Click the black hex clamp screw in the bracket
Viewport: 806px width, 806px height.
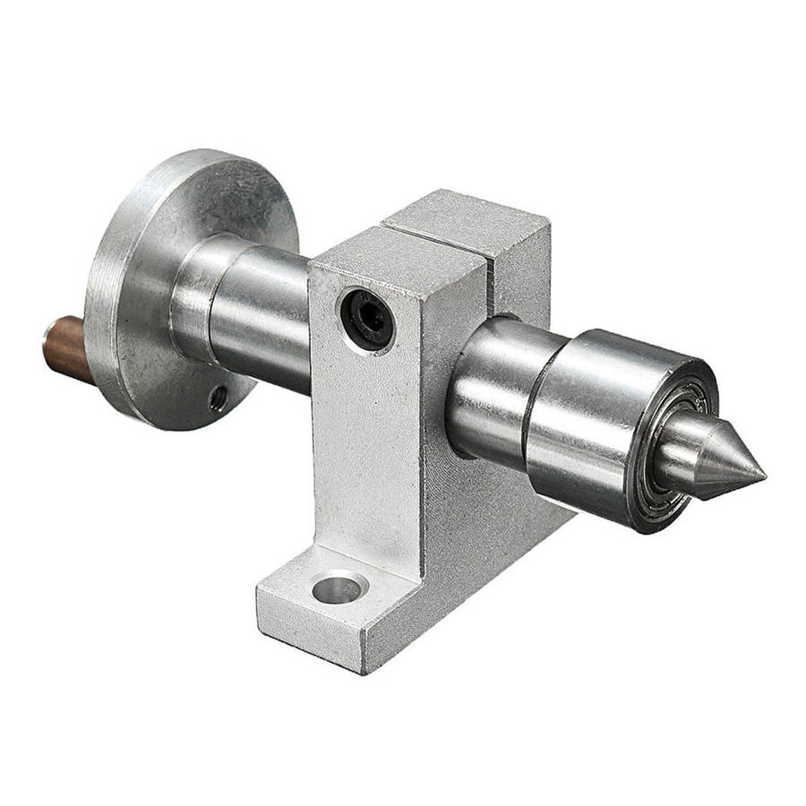(367, 318)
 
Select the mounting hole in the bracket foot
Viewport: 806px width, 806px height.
(340, 588)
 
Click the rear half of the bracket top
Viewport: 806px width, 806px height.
(466, 219)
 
